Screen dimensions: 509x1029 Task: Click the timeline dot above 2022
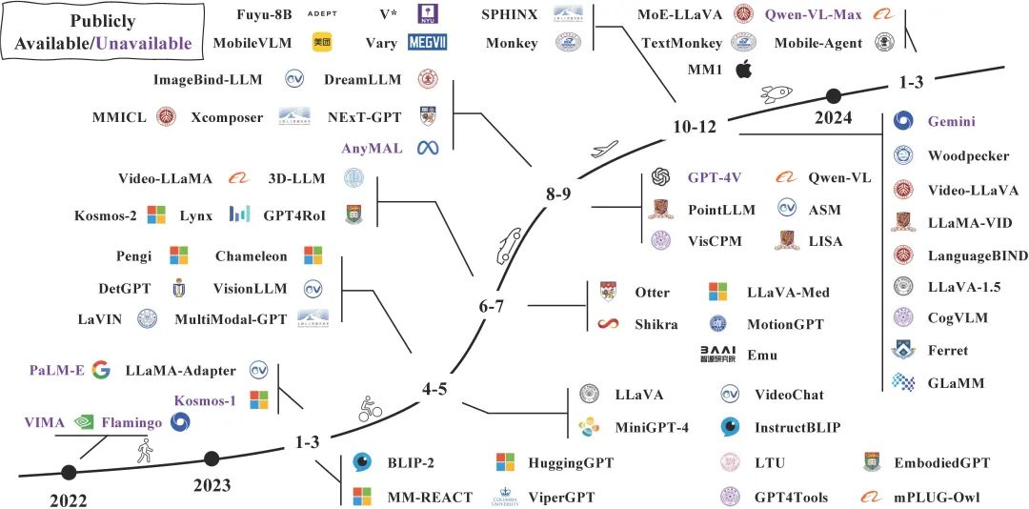point(69,472)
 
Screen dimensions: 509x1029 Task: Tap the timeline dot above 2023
point(212,459)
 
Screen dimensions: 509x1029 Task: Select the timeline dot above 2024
point(833,95)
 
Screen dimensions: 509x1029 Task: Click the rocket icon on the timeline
point(773,94)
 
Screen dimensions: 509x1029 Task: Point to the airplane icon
point(602,150)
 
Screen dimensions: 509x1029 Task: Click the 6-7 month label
point(497,306)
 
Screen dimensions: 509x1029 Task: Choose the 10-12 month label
point(693,127)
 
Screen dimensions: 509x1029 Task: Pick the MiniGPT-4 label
point(652,426)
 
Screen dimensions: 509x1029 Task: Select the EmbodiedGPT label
point(941,463)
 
